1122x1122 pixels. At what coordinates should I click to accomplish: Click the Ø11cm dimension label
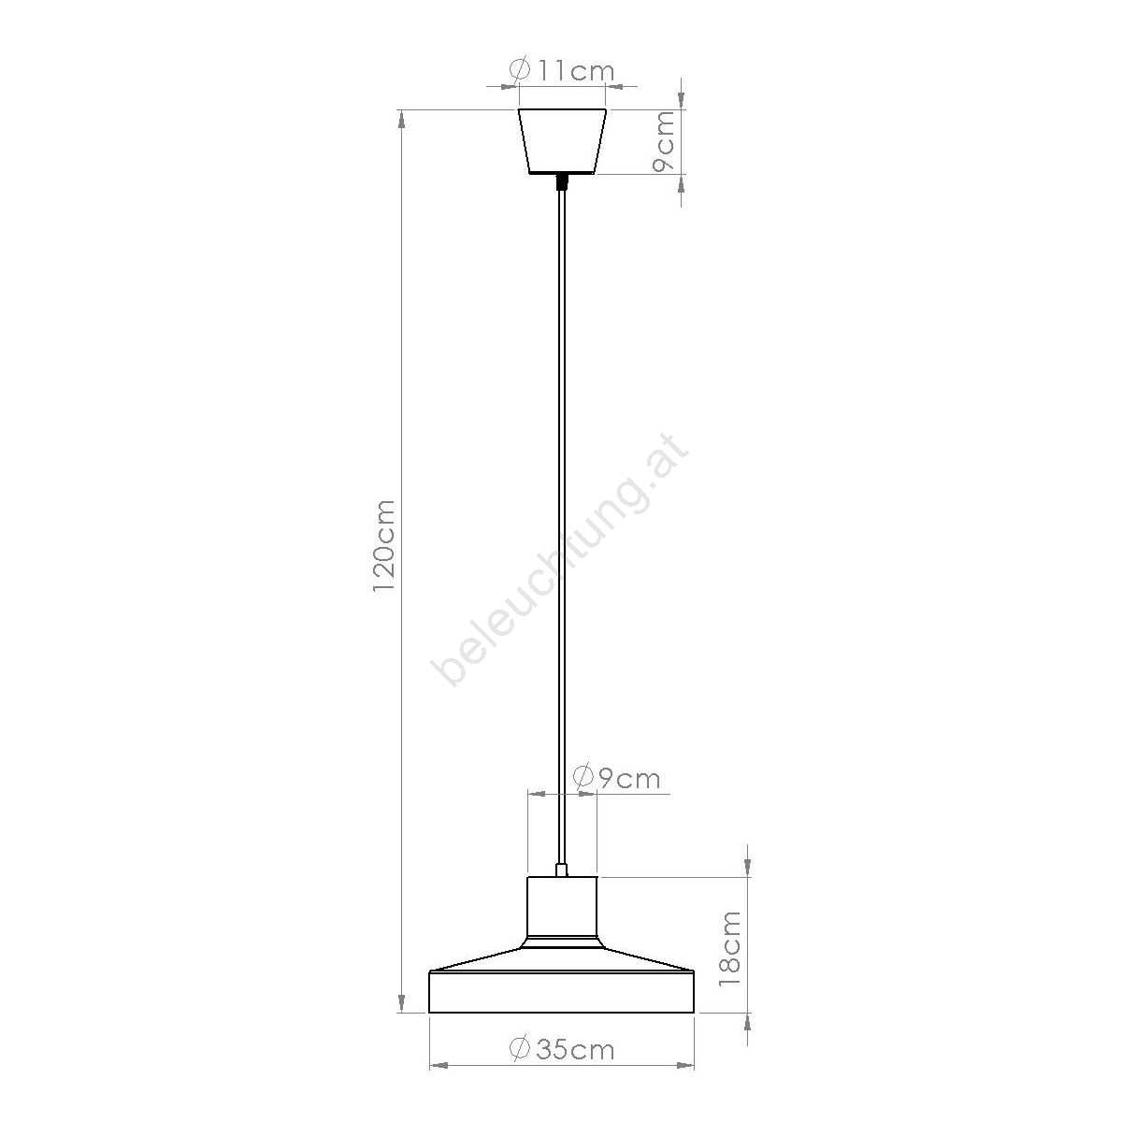click(x=562, y=70)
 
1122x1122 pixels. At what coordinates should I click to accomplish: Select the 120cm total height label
click(x=384, y=546)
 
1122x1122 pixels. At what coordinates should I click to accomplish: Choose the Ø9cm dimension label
click(x=616, y=778)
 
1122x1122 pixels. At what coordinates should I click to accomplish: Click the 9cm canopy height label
click(x=663, y=141)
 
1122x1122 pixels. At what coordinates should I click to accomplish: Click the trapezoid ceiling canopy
click(x=562, y=141)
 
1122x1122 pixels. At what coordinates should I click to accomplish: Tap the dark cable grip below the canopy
click(x=561, y=182)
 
